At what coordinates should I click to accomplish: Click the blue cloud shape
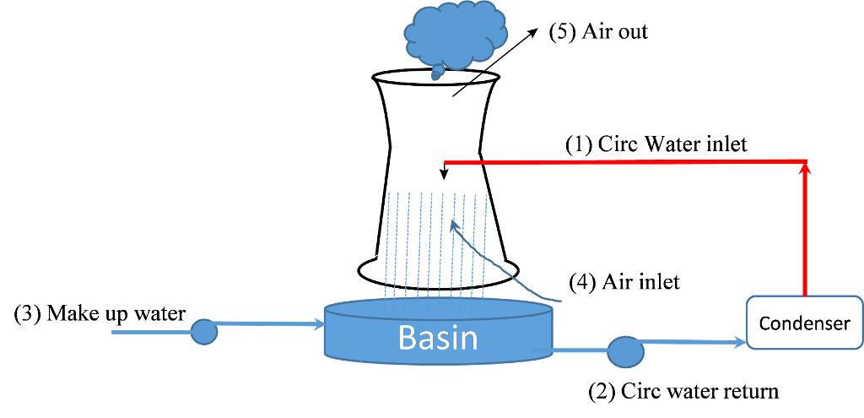click(455, 34)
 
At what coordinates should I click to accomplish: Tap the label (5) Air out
click(601, 33)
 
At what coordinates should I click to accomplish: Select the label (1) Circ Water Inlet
click(656, 144)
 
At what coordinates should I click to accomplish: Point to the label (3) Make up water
click(101, 313)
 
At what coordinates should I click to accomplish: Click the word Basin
click(437, 338)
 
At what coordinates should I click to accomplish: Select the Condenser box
click(804, 322)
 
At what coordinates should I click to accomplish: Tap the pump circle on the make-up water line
click(203, 332)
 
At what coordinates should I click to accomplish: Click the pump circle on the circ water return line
click(625, 351)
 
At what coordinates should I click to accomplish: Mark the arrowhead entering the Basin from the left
click(320, 323)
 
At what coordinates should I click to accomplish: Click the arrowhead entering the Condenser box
click(742, 342)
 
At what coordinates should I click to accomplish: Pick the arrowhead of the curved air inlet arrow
click(454, 225)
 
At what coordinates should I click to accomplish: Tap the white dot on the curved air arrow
click(499, 261)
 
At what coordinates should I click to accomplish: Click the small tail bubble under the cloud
click(436, 76)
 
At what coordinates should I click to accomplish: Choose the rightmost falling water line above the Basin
click(486, 245)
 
